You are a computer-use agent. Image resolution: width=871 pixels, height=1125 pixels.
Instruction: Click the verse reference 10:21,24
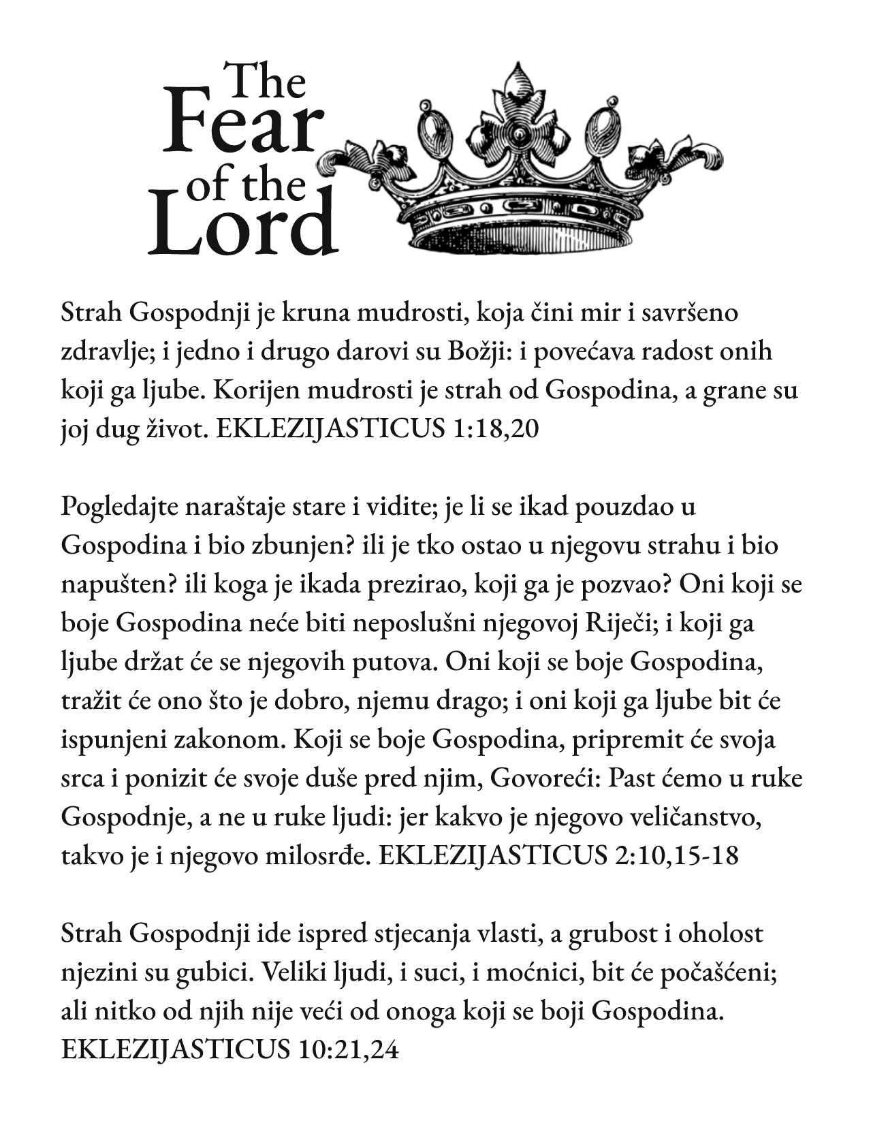(347, 1049)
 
